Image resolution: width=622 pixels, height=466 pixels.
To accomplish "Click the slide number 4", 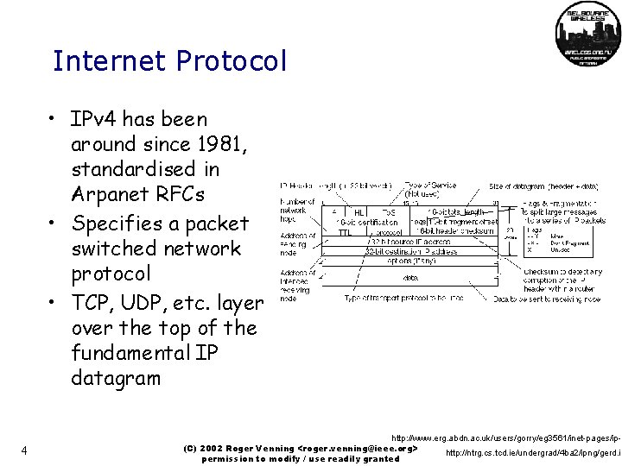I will click(27, 450).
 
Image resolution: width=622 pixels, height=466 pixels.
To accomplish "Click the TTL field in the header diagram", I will click(345, 231).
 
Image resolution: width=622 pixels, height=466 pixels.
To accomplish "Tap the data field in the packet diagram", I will click(409, 278).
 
